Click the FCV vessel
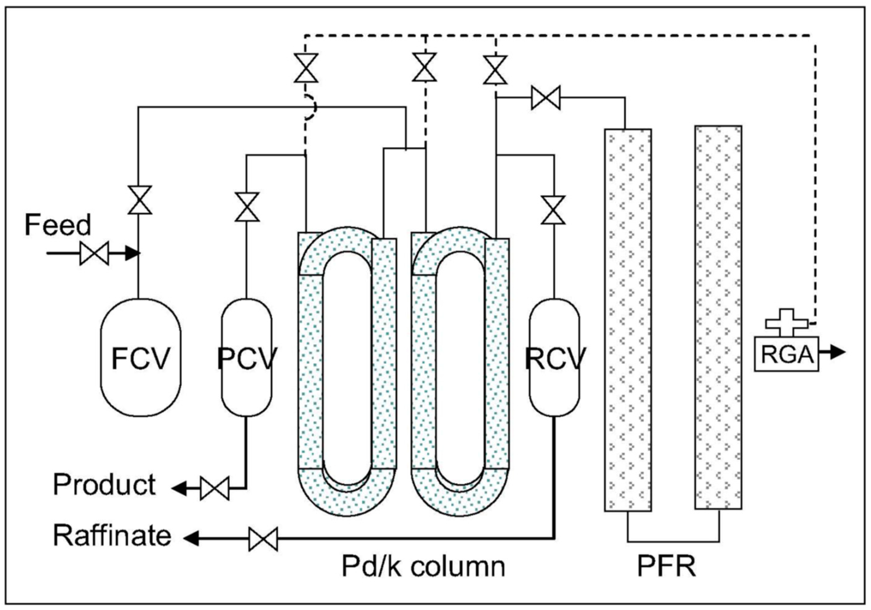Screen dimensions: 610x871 [x=140, y=356]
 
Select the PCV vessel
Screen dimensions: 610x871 [x=246, y=356]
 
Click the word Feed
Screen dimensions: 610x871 [x=58, y=225]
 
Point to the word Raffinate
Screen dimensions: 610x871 [x=112, y=535]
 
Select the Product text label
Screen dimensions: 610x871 [x=104, y=485]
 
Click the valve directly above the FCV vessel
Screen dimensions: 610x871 [x=140, y=200]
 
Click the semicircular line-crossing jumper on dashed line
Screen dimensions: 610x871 [x=310, y=107]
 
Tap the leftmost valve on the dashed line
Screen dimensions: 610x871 [x=306, y=68]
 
